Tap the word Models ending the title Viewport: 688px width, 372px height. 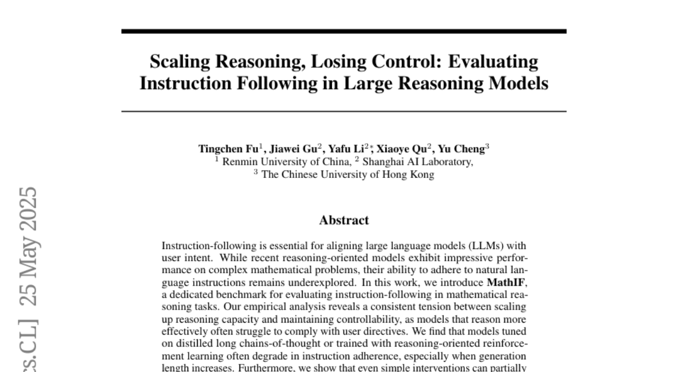pyautogui.click(x=519, y=84)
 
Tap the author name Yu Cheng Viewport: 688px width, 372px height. pyautogui.click(x=462, y=149)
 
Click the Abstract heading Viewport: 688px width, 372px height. pyautogui.click(x=344, y=220)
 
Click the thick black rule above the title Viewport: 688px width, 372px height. pyautogui.click(x=344, y=31)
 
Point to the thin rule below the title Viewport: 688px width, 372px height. pyautogui.click(x=344, y=111)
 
